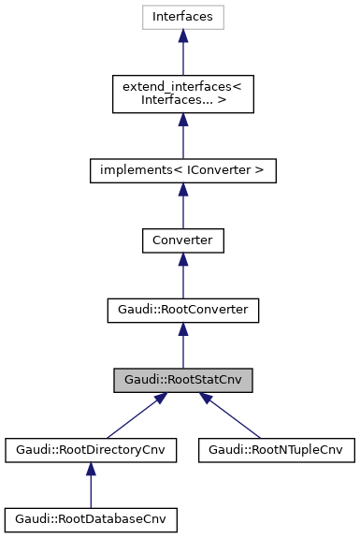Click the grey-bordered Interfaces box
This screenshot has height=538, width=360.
click(183, 17)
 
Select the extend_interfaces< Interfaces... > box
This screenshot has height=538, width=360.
click(183, 95)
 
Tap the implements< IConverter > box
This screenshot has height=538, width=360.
click(183, 171)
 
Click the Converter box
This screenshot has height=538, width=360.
click(183, 240)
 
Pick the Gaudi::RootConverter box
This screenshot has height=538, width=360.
click(183, 310)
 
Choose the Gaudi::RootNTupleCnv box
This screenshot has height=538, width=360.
click(277, 449)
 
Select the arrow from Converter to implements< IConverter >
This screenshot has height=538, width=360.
click(183, 208)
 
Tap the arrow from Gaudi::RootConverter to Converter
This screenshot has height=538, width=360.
click(183, 277)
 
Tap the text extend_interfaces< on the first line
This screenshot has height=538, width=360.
click(183, 88)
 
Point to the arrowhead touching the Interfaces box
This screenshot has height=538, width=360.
click(183, 36)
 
